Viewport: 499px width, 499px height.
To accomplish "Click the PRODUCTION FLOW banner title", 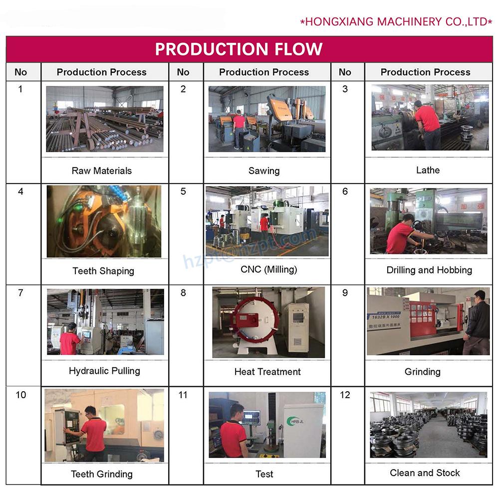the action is pos(239,49).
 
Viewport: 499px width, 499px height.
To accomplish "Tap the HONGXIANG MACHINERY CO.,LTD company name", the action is pos(396,21).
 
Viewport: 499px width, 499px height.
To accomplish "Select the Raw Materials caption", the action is pos(101,171).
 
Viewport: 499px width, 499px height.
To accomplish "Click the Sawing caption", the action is pos(264,171).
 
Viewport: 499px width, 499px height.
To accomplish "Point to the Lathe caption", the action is pos(428,170).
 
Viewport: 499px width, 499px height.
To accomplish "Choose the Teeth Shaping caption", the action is pos(103,271).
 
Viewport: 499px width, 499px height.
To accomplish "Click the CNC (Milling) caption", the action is pos(269,269).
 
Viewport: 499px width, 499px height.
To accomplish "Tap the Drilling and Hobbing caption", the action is pos(429,270).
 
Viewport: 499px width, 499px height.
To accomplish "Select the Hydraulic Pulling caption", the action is pos(104,371).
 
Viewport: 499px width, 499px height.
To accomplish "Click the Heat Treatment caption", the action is pos(267,372).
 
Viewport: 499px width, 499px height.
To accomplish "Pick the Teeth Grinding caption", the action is pos(102,474).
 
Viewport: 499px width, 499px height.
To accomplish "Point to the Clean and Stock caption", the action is pos(425,473).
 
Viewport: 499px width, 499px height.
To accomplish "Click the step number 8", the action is pos(183,293).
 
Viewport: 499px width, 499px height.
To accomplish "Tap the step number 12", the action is pos(345,395).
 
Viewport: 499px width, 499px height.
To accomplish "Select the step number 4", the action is pos(20,192).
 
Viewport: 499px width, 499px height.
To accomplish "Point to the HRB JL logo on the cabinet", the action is pos(295,421).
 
